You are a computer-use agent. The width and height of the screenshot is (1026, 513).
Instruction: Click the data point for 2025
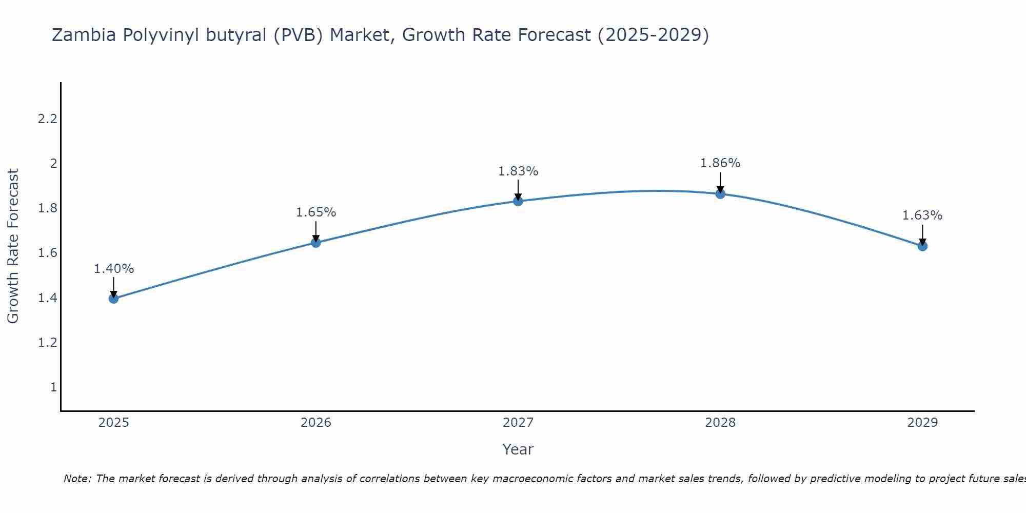coord(114,299)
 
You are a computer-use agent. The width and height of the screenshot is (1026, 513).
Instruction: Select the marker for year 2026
coord(316,243)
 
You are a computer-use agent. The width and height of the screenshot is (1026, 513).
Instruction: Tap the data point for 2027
coord(518,201)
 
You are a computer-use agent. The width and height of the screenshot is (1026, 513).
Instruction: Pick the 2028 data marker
coord(720,194)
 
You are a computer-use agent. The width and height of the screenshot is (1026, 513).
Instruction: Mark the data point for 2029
coord(922,246)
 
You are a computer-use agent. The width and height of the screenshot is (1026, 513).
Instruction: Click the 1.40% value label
coord(114,269)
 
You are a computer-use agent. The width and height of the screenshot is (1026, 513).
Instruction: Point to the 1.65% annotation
coord(316,212)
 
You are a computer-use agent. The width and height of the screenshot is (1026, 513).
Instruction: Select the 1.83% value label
coord(518,171)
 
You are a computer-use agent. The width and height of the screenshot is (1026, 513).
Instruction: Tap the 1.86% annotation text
coord(720,163)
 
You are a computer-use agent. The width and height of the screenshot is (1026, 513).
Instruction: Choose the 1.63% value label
coord(922,215)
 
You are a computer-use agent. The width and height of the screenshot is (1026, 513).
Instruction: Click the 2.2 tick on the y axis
coord(47,119)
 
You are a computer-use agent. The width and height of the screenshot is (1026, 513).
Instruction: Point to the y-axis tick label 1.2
coord(47,343)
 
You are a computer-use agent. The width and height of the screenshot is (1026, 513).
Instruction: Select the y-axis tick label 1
coord(53,387)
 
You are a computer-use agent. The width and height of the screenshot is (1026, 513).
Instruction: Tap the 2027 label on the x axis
coord(518,423)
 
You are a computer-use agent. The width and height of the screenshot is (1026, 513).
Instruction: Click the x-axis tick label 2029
coord(922,423)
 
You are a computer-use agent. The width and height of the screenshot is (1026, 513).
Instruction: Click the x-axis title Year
coord(518,449)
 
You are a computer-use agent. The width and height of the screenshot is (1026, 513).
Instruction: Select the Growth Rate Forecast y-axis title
coord(13,246)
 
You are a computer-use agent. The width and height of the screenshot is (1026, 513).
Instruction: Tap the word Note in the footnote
coord(77,479)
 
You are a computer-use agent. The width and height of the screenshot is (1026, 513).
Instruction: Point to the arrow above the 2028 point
coord(720,182)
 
